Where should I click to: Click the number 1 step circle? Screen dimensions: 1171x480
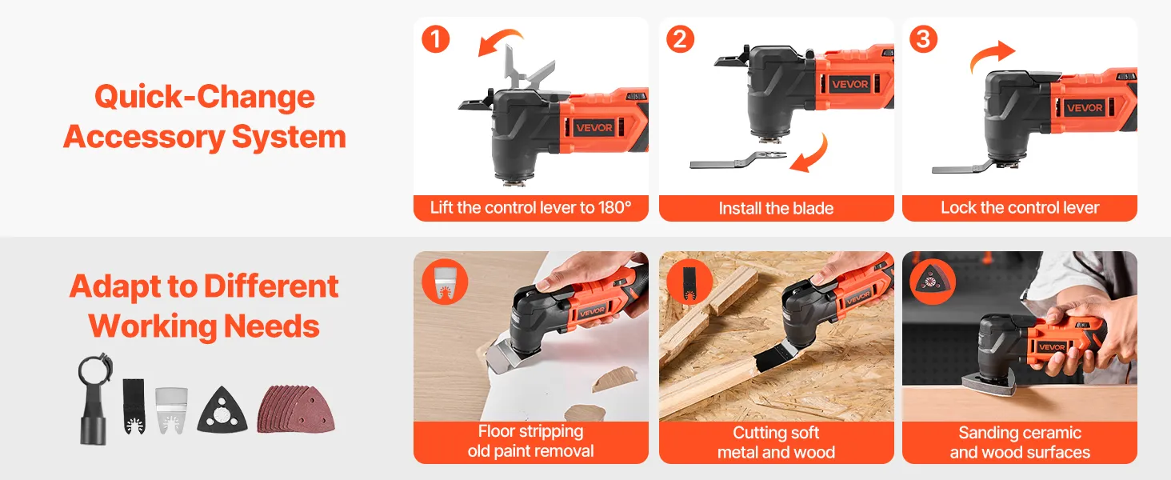[x=435, y=39]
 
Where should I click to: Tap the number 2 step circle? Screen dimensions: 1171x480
[x=680, y=39]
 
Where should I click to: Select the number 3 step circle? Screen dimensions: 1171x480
[x=924, y=39]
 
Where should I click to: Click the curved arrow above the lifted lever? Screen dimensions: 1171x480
[x=499, y=41]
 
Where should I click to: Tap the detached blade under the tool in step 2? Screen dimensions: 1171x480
[x=737, y=159]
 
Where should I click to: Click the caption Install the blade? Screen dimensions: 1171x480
[x=776, y=209]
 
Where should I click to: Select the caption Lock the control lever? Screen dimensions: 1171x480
[x=1020, y=208]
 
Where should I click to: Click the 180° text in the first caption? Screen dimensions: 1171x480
[x=615, y=207]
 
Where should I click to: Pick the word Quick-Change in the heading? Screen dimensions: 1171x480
[x=205, y=97]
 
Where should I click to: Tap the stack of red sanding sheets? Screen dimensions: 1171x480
[x=296, y=409]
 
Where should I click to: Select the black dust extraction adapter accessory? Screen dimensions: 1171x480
[x=94, y=399]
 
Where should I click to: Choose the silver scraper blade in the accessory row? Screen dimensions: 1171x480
[x=171, y=410]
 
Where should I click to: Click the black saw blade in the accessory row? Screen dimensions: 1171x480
[x=134, y=406]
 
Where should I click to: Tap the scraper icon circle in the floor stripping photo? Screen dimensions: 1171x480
[x=445, y=282]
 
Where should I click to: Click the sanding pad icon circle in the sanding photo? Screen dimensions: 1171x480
[x=933, y=282]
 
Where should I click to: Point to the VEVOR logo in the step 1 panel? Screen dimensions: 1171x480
[x=594, y=127]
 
